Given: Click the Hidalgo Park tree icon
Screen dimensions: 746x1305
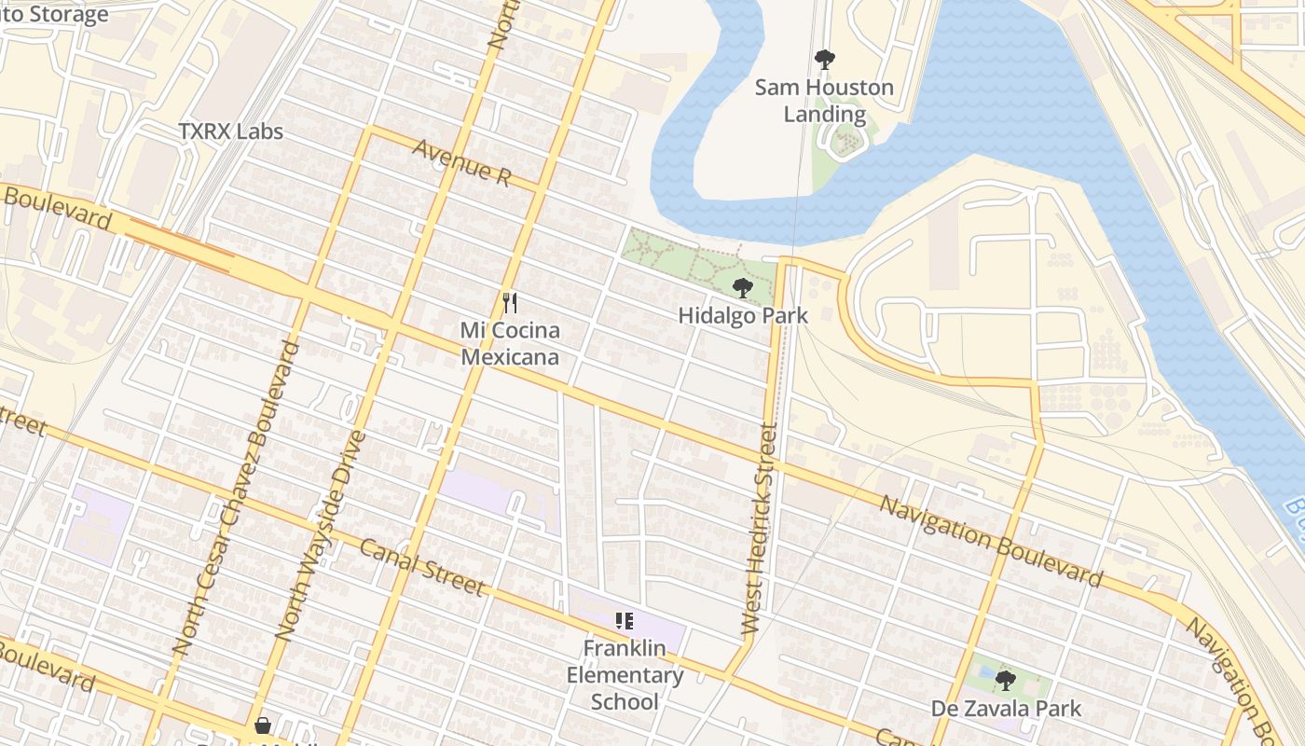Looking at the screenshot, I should pos(742,287).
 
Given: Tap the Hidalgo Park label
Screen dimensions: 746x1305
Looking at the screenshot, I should pos(742,315).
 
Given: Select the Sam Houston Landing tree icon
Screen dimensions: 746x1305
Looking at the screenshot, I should pos(824,60).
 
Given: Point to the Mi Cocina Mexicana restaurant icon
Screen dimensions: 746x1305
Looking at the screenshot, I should pos(509,302).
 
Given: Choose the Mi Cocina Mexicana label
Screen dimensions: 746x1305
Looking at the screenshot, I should pos(510,343).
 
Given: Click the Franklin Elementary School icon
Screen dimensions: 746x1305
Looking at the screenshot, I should pos(625,620).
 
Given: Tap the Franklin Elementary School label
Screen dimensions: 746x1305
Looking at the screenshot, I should pos(625,675).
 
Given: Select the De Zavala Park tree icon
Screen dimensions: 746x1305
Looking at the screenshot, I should pos(1005,680).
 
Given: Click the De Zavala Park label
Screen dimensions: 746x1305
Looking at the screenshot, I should pos(1006,709).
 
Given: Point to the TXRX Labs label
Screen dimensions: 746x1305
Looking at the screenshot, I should pos(230,131).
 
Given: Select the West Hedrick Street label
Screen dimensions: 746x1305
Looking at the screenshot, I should pos(759,530).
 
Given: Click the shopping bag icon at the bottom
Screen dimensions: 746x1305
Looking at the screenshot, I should pos(263,725).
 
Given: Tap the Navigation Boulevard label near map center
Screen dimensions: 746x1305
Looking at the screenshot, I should pos(991,541).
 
